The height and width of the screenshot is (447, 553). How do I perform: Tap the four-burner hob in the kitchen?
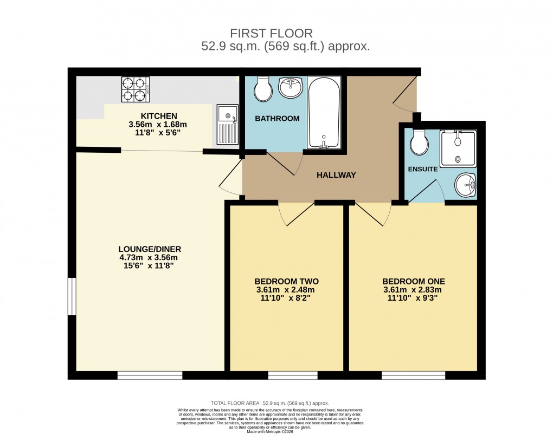136,89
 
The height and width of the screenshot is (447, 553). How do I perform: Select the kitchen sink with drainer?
227,125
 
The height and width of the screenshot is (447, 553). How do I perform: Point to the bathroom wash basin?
292,87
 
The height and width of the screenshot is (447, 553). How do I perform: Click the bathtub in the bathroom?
324,112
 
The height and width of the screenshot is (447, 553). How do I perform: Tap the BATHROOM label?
277,119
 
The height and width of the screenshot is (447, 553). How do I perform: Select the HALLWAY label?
336,175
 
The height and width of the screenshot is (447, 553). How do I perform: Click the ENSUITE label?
422,169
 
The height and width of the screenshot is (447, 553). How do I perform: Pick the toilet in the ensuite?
420,142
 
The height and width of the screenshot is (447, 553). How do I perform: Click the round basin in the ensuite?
465,186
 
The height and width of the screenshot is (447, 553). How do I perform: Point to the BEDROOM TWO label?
286,281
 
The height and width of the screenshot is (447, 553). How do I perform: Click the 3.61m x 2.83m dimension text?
413,290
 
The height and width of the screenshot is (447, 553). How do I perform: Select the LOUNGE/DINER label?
149,249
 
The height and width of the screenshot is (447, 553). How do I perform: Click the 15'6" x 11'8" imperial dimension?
149,266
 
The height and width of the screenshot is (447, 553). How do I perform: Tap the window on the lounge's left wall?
71,296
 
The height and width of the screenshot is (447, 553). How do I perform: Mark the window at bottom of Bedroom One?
413,375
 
